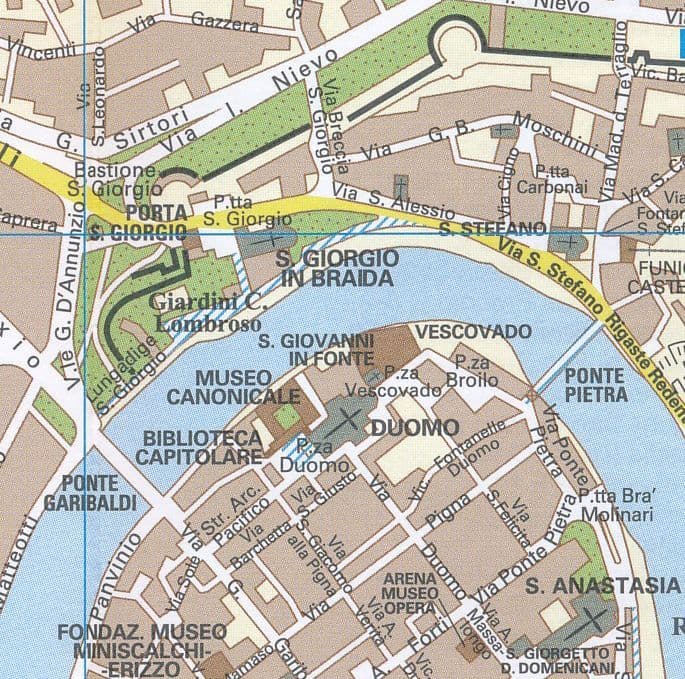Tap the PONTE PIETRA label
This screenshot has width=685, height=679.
pyautogui.click(x=595, y=384)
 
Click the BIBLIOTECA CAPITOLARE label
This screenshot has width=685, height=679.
pyautogui.click(x=203, y=447)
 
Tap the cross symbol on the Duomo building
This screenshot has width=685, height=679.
pyautogui.click(x=351, y=417)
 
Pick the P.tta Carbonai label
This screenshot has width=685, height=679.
pyautogui.click(x=560, y=178)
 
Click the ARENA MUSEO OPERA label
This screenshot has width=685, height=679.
pyautogui.click(x=410, y=594)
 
